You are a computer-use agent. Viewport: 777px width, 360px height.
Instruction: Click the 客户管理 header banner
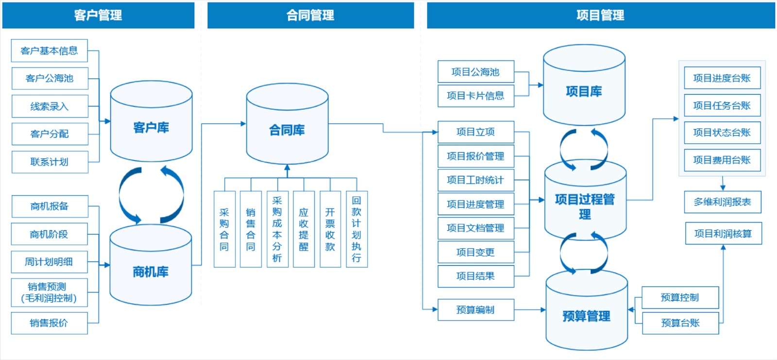click(98, 15)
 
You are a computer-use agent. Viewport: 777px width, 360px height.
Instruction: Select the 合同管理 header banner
click(310, 15)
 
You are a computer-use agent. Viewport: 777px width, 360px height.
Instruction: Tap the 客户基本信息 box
click(49, 51)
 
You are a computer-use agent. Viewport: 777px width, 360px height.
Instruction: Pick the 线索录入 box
click(50, 106)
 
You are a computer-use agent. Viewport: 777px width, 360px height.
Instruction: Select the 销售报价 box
click(49, 323)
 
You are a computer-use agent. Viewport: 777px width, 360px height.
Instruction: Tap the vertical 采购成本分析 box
click(277, 229)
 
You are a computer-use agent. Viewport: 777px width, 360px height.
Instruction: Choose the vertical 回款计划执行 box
click(356, 229)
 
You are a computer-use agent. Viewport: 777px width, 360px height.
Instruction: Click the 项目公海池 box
click(475, 72)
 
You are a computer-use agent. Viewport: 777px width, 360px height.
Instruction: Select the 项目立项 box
click(475, 132)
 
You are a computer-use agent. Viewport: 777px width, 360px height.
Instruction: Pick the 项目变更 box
click(475, 252)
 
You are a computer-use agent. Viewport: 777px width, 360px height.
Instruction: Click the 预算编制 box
click(475, 310)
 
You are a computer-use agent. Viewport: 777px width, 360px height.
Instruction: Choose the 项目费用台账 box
click(722, 160)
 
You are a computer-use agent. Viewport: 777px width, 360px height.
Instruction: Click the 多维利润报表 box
click(722, 202)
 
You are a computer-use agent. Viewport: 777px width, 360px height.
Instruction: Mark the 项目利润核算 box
click(723, 234)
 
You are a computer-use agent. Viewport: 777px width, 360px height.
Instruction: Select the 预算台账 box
click(680, 323)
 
